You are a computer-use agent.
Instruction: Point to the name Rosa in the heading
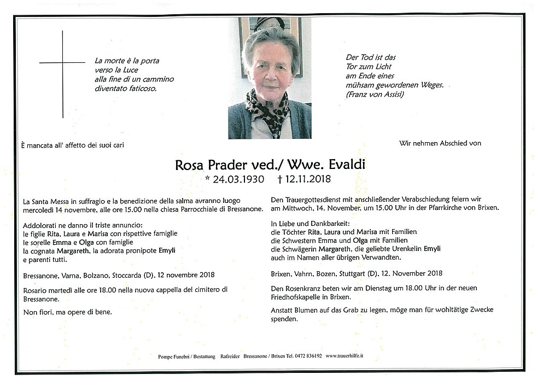coord(189,165)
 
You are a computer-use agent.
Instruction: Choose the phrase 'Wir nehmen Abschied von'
coord(440,144)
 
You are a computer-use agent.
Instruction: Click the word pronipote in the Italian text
coord(138,250)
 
